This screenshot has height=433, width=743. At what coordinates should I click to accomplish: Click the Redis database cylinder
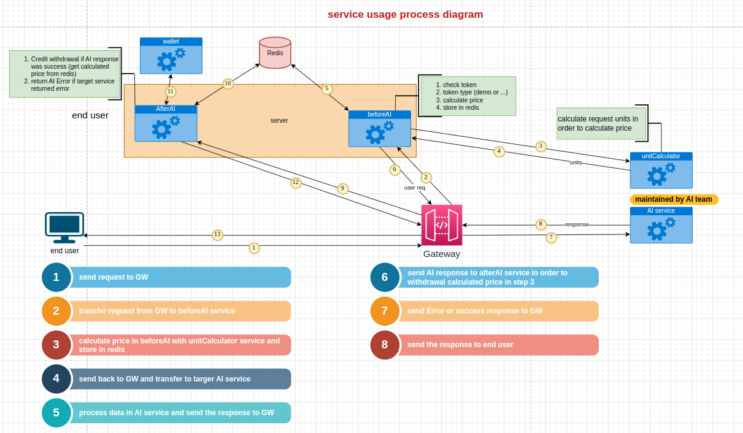tap(275, 53)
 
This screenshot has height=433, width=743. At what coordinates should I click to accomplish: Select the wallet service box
tap(171, 56)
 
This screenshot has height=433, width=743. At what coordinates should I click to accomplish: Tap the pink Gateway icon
tap(442, 225)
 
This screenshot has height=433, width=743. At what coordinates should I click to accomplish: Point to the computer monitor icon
tap(64, 228)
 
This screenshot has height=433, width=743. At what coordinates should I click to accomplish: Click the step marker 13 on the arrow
tap(217, 234)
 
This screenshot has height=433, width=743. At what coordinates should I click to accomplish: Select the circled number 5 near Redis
tap(326, 88)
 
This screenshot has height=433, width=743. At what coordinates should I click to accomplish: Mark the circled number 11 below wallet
tap(171, 91)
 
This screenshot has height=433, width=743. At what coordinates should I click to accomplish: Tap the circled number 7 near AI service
tap(551, 237)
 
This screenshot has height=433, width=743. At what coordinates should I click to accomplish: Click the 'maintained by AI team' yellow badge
tap(674, 199)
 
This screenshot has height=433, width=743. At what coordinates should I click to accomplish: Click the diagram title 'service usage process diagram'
tap(405, 14)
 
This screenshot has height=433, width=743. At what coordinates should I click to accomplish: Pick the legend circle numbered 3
tap(56, 345)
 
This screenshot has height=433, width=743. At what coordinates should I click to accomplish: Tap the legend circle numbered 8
tap(385, 345)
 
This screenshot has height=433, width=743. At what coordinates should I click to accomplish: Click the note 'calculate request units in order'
tap(601, 123)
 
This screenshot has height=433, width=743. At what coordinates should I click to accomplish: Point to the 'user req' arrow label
tap(414, 188)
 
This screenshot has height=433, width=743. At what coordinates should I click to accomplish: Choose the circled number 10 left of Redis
tap(228, 83)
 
